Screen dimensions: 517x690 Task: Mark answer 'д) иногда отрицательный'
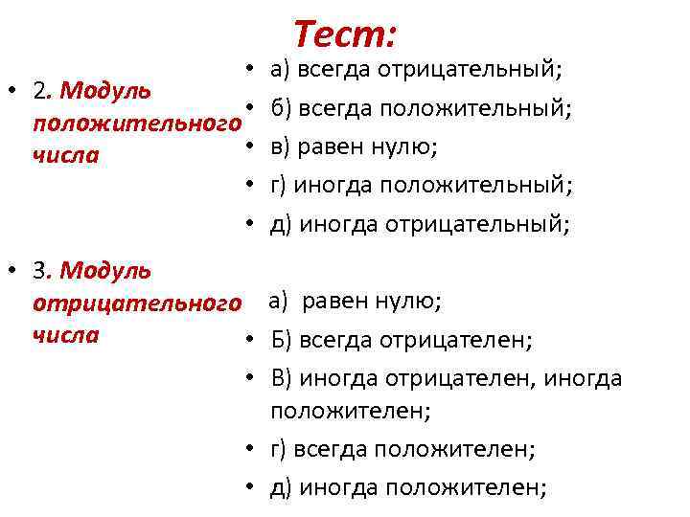tap(420, 224)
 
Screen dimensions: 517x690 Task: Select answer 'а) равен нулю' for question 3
tap(355, 302)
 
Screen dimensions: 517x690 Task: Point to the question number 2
tap(39, 91)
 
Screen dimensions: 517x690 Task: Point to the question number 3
tap(39, 271)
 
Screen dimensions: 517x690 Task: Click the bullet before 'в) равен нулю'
tap(247, 147)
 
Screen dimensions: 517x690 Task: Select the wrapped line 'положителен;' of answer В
tap(351, 411)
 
